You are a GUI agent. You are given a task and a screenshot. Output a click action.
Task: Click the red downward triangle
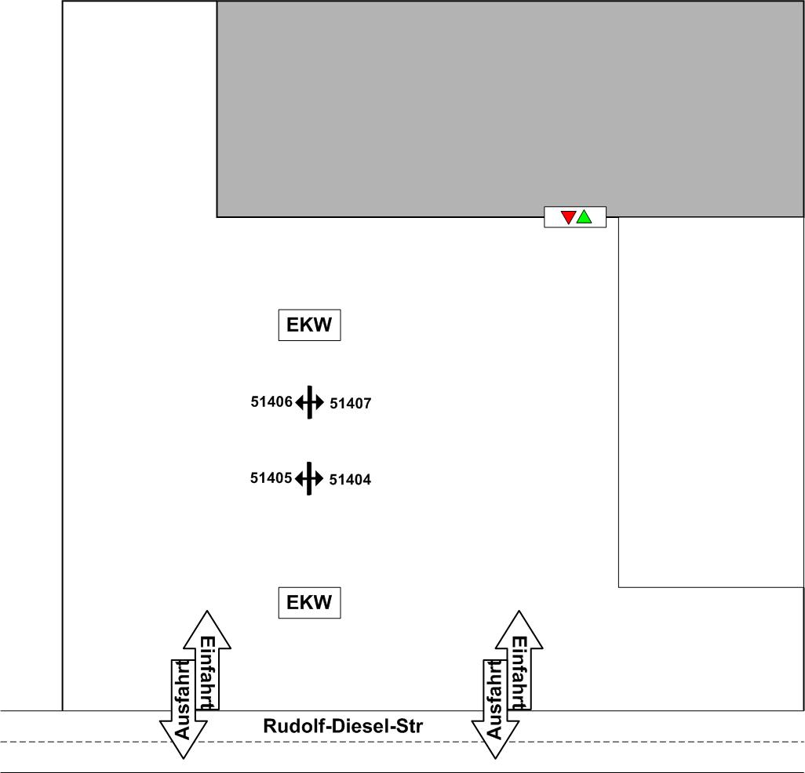pyautogui.click(x=569, y=217)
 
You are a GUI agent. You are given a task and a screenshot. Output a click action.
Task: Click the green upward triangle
pyautogui.click(x=585, y=216)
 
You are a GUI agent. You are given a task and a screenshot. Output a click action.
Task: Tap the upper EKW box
pyautogui.click(x=309, y=325)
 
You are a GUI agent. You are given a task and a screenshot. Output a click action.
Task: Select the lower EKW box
pyautogui.click(x=309, y=603)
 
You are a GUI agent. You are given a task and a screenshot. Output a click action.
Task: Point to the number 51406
pyautogui.click(x=271, y=402)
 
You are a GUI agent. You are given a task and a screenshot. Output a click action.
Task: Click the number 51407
pyautogui.click(x=350, y=405)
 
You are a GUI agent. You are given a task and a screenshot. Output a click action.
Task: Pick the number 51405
pyautogui.click(x=271, y=477)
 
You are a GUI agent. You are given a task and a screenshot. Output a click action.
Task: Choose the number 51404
pyautogui.click(x=350, y=479)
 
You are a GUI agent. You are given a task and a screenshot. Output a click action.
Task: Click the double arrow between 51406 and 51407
pyautogui.click(x=310, y=403)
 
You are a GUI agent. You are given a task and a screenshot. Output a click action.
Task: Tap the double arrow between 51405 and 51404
pyautogui.click(x=310, y=477)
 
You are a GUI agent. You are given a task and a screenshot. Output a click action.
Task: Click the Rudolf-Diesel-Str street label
pyautogui.click(x=343, y=726)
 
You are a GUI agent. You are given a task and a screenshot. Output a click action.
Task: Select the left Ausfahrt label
pyautogui.click(x=182, y=700)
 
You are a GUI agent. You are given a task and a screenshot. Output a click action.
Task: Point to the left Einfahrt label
pyautogui.click(x=207, y=673)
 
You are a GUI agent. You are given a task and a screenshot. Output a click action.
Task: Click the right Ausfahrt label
pyautogui.click(x=494, y=700)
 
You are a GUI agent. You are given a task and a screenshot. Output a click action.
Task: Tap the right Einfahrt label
pyautogui.click(x=519, y=673)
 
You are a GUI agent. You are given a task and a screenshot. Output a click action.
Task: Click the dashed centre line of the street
pyautogui.click(x=628, y=741)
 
